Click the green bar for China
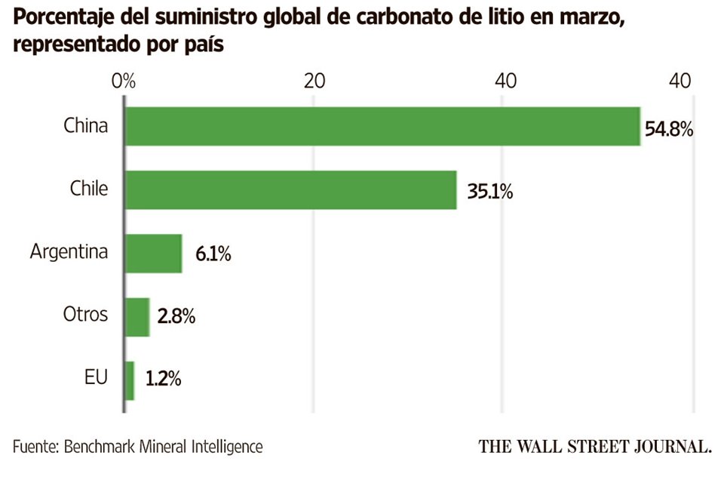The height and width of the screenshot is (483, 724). pyautogui.click(x=382, y=125)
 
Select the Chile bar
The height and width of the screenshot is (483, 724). pyautogui.click(x=290, y=189)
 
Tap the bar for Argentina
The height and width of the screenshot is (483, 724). pyautogui.click(x=153, y=253)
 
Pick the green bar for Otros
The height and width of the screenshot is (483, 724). pyautogui.click(x=137, y=316)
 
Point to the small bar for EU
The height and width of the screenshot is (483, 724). pyautogui.click(x=129, y=380)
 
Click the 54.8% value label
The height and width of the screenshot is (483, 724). pyautogui.click(x=668, y=130)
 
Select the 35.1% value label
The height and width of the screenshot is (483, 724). pyautogui.click(x=489, y=192)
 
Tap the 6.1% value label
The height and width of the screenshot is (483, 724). pyautogui.click(x=213, y=255)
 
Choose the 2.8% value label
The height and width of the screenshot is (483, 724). pyautogui.click(x=176, y=318)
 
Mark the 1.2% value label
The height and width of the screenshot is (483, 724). pyautogui.click(x=162, y=380)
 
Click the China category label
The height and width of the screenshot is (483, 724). pyautogui.click(x=85, y=126)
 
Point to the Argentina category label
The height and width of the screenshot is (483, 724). pyautogui.click(x=69, y=252)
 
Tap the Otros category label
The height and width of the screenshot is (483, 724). pyautogui.click(x=85, y=315)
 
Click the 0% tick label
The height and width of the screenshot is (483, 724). pyautogui.click(x=123, y=81)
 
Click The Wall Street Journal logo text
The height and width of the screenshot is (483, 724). pyautogui.click(x=595, y=446)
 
